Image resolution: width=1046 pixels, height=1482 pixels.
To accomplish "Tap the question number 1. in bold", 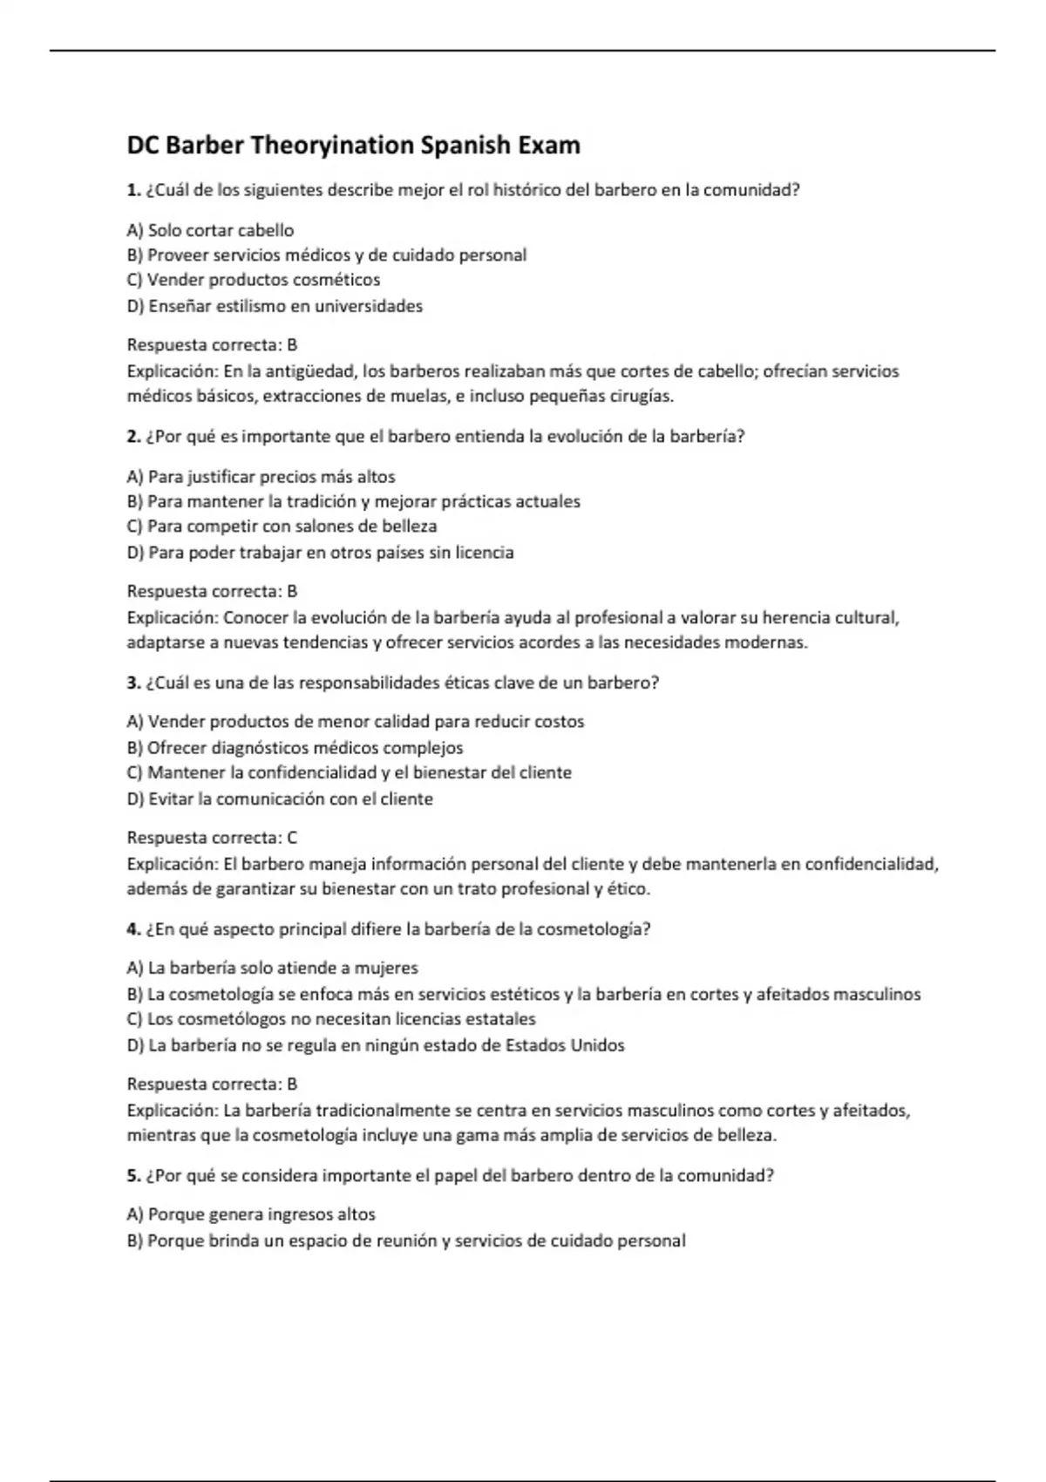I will click(133, 190).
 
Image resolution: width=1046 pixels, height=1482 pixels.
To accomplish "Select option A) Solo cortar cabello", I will click(210, 230).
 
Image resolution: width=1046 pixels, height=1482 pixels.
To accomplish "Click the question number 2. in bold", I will click(133, 437).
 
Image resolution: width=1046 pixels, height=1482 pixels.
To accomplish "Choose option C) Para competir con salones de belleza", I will click(282, 527).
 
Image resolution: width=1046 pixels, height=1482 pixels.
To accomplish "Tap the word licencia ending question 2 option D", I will click(484, 553).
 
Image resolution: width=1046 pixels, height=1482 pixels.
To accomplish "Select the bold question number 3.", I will click(133, 683).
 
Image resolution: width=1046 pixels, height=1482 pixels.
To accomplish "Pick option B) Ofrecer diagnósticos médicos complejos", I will click(295, 748).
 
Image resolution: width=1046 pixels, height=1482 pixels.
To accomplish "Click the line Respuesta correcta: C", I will click(212, 838).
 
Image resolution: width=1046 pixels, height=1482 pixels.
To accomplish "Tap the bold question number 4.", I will click(133, 929).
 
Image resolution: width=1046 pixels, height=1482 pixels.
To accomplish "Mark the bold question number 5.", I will click(133, 1176).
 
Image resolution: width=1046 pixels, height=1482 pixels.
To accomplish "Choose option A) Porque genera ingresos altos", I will click(251, 1214).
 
